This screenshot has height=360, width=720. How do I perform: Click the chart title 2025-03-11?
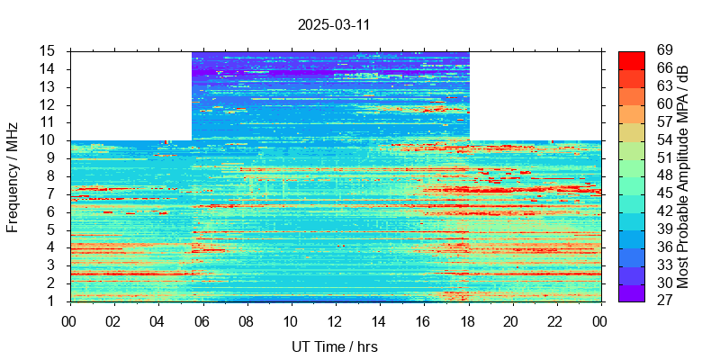coord(334,24)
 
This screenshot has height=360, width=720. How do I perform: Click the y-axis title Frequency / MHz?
coord(13,176)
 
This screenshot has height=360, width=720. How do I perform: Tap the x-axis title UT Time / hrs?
coord(334,346)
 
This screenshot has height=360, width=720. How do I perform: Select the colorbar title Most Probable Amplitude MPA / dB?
coord(683,176)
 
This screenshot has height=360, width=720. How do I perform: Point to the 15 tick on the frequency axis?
coord(49,51)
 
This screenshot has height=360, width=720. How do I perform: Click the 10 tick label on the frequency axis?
coord(49,140)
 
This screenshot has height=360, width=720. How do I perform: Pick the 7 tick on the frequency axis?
coord(52,193)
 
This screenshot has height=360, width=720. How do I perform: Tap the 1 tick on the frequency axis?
coord(52,301)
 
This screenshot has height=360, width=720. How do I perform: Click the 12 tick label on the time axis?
coord(335,319)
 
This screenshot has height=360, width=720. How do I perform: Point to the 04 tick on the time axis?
coord(158,319)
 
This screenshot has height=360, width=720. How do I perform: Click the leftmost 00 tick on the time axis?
coord(70,319)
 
